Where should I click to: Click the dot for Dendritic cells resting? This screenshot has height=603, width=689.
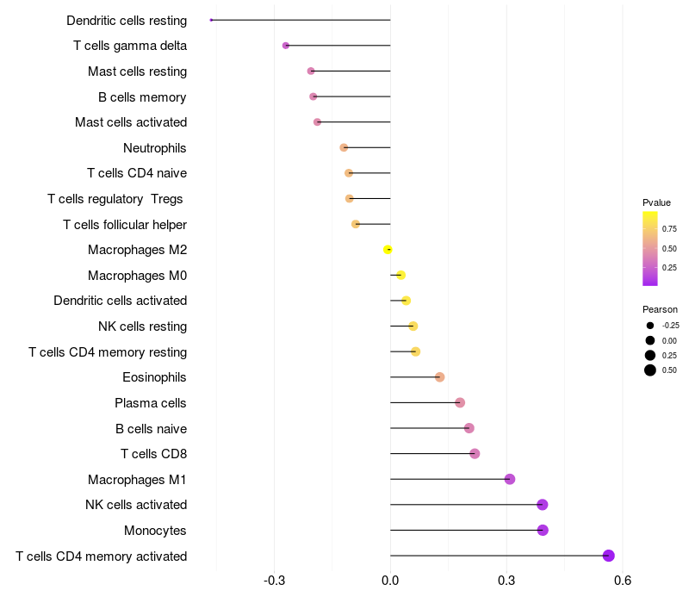(x=211, y=20)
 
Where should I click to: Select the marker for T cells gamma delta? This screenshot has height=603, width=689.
(x=286, y=46)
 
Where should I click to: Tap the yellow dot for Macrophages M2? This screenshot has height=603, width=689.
(x=388, y=250)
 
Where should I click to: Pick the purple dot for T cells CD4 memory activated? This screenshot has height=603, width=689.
(x=609, y=556)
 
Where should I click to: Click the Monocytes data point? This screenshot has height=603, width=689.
(x=543, y=530)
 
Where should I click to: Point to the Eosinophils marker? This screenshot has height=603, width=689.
(x=440, y=377)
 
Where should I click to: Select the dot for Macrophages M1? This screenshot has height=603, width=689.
(x=510, y=479)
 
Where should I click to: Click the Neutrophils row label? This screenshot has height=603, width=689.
(x=155, y=148)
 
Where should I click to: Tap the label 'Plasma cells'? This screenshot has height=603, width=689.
(x=150, y=403)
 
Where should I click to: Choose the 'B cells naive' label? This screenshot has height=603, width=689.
(x=152, y=428)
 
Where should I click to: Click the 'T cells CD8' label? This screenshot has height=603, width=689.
(x=154, y=454)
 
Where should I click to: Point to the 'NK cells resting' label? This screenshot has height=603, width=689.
(x=142, y=326)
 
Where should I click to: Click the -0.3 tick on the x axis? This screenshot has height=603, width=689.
(x=274, y=581)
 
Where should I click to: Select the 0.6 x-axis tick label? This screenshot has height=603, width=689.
(x=623, y=581)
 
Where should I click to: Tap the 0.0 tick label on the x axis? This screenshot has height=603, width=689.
(x=390, y=581)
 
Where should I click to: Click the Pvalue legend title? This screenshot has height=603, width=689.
(x=656, y=202)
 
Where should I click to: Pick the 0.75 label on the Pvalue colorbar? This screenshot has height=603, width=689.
(x=669, y=229)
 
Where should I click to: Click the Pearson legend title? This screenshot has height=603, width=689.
(x=660, y=309)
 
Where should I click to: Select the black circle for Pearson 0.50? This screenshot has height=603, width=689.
(x=650, y=370)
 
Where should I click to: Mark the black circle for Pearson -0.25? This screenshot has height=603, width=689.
(x=650, y=326)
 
